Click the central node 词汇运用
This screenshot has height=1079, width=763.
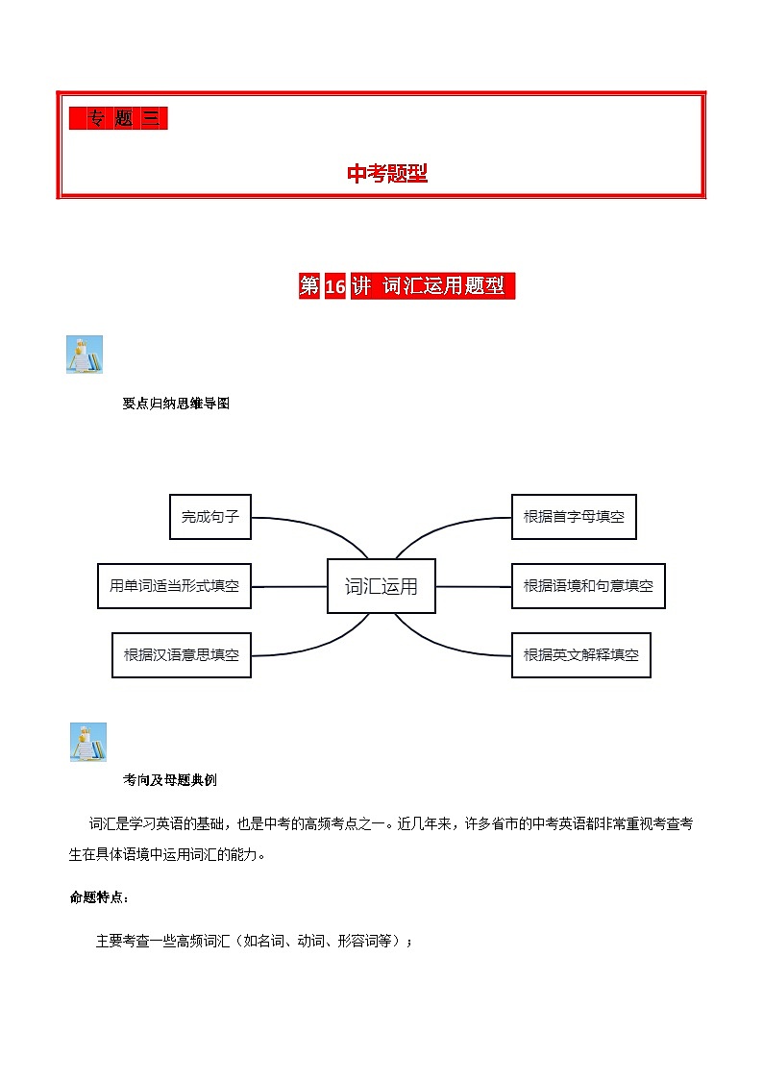pos(381,586)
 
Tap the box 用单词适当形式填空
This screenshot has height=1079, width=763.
pos(174,586)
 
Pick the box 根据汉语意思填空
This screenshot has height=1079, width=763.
pos(181,655)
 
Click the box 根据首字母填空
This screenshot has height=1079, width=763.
pos(574,517)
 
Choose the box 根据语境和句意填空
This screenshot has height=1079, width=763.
pos(588,586)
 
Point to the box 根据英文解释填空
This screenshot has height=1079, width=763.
pos(580,655)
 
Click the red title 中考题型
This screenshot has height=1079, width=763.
pos(386,173)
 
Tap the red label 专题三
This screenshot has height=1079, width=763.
pos(118,118)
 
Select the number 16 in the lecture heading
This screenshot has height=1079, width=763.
pos(334,286)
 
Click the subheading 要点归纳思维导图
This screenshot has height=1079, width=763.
pos(176,405)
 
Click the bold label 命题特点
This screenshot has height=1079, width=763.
pos(99,897)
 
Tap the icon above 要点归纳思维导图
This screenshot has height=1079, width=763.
pos(84,356)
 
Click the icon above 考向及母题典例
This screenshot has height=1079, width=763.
pos(88,743)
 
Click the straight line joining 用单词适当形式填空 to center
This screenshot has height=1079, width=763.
pos(289,586)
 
